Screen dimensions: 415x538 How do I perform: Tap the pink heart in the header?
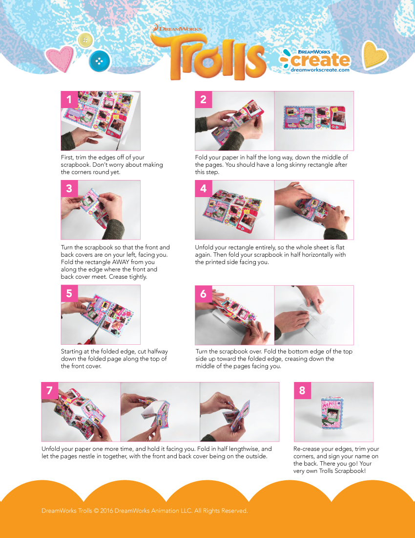pos(60,58)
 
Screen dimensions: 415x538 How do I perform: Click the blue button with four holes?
pos(99,61)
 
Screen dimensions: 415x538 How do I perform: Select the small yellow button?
pos(85,41)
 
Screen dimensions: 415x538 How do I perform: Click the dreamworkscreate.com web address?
pos(320,69)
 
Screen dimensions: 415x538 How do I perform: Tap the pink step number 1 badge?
pos(69,99)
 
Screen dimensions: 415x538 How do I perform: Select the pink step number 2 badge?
pos(204,99)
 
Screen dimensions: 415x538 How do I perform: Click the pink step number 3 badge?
pos(69,189)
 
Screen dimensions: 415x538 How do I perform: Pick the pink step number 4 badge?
pos(204,189)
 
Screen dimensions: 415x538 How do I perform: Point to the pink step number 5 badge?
pos(69,294)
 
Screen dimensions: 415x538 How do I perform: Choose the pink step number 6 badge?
pos(204,294)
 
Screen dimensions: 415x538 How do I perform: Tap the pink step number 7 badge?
pos(50,390)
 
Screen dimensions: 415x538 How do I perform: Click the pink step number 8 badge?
pos(302,390)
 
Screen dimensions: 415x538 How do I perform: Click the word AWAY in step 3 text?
pos(121,262)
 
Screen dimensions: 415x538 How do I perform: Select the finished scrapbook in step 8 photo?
pos(332,413)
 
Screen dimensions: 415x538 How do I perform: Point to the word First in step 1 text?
pos(67,157)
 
